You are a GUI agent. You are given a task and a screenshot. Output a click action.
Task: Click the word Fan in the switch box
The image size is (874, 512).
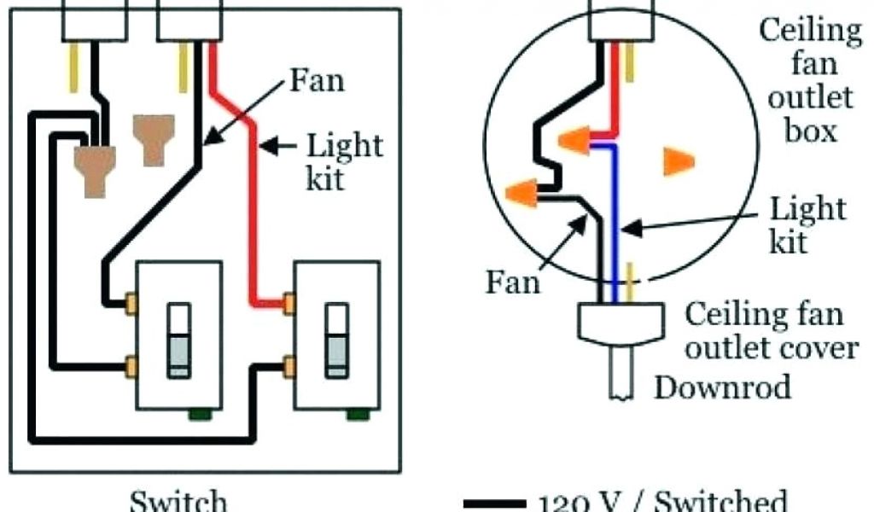317,81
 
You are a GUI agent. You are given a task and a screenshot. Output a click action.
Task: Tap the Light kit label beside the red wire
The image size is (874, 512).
344,161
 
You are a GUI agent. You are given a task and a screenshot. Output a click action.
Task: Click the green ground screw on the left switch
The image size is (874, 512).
201,415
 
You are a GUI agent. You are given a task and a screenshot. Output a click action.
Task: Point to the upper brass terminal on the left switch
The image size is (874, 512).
131,302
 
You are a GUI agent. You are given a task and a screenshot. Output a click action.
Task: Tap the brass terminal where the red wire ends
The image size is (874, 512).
289,302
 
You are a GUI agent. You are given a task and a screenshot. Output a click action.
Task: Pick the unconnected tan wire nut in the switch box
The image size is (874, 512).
152,139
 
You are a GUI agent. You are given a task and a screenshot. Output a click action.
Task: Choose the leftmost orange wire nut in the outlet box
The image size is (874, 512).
521,194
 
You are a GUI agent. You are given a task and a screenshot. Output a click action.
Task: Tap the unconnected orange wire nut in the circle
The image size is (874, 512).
679,161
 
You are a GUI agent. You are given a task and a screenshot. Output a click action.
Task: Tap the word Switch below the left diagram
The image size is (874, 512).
179,500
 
